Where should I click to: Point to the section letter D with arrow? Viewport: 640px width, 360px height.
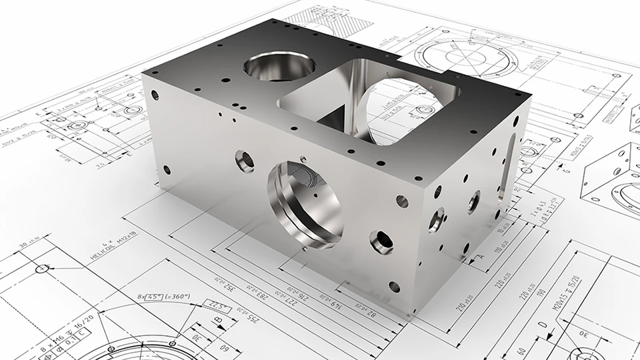(x=541, y=325)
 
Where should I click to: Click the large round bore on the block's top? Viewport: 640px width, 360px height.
(x=279, y=67)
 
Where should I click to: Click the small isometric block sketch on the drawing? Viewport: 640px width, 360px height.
(x=610, y=177)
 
